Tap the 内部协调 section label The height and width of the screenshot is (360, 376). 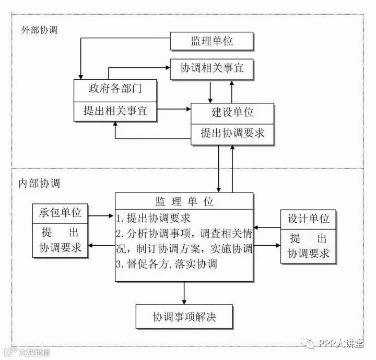39,183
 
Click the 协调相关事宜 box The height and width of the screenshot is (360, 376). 212,68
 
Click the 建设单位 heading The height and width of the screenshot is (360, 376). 232,112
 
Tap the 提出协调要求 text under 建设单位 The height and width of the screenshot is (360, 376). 232,133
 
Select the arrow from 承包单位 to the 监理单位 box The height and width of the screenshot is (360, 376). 102,214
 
